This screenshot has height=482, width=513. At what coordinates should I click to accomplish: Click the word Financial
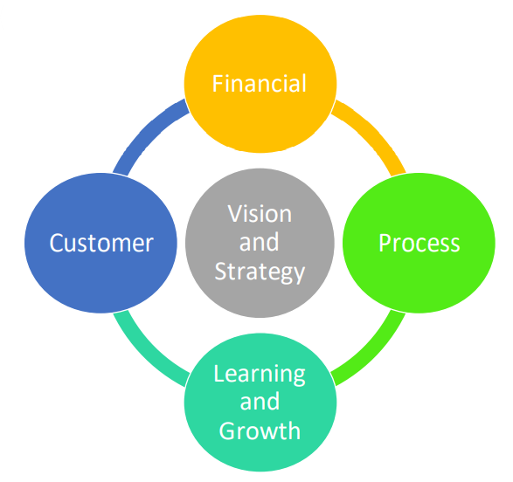coord(260,84)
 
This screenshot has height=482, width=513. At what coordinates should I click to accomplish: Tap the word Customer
coord(101,243)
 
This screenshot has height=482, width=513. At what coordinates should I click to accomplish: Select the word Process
coord(419,243)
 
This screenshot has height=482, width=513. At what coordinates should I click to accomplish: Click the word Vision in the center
coord(260,214)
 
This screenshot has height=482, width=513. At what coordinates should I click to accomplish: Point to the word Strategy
coord(260,271)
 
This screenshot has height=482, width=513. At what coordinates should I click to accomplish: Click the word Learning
coord(260,375)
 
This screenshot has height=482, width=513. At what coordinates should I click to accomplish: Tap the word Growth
coord(260,430)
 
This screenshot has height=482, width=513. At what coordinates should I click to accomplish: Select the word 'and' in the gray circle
coord(260,242)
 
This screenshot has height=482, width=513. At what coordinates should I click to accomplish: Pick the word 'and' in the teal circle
coord(260,403)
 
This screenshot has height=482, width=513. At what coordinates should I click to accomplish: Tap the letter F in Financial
coord(218,84)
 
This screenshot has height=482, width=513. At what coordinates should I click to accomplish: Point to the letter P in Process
coord(385,243)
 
